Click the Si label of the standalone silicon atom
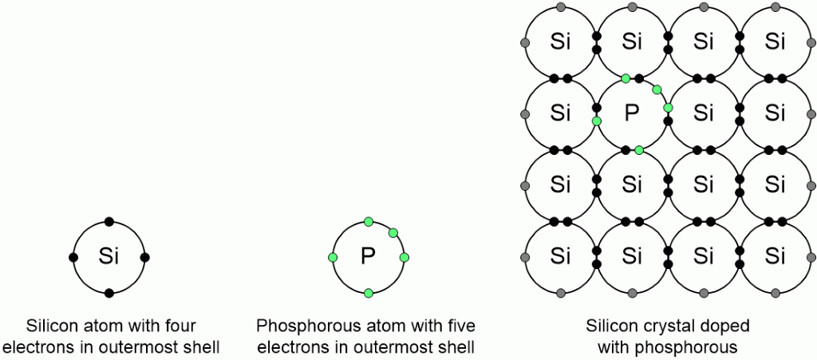pyautogui.click(x=109, y=257)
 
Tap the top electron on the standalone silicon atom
pyautogui.click(x=109, y=221)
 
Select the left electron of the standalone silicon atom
pyautogui.click(x=73, y=257)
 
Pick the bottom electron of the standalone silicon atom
pyautogui.click(x=109, y=293)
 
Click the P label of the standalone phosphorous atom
pyautogui.click(x=368, y=257)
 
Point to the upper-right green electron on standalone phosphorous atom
pyautogui.click(x=393, y=232)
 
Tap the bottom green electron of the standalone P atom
pyautogui.click(x=368, y=293)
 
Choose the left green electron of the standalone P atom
pyautogui.click(x=332, y=257)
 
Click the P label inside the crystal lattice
pyautogui.click(x=632, y=113)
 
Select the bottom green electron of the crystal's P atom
pyautogui.click(x=639, y=150)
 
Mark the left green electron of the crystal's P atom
pyautogui.click(x=596, y=121)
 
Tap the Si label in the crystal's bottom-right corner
pyautogui.click(x=775, y=257)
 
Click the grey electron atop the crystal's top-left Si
pyautogui.click(x=561, y=7)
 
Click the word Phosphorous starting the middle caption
pyautogui.click(x=301, y=326)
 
